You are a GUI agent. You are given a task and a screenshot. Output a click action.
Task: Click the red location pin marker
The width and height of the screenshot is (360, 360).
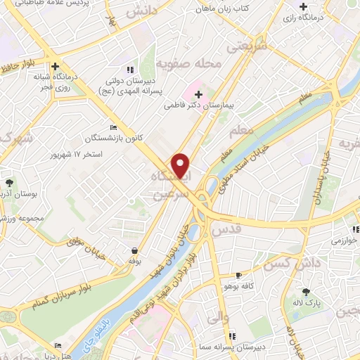[181, 165]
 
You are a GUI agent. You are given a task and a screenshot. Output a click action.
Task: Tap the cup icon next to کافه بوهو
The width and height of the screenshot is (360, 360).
[239, 275]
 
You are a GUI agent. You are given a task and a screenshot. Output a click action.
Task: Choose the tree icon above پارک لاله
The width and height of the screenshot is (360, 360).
[305, 292]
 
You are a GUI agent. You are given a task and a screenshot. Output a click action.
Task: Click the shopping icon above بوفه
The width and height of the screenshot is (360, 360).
[134, 250]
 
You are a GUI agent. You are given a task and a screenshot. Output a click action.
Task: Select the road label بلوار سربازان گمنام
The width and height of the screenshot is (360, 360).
[63, 292]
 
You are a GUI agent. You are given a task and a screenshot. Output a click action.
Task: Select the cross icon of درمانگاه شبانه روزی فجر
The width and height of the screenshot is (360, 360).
[55, 66]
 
